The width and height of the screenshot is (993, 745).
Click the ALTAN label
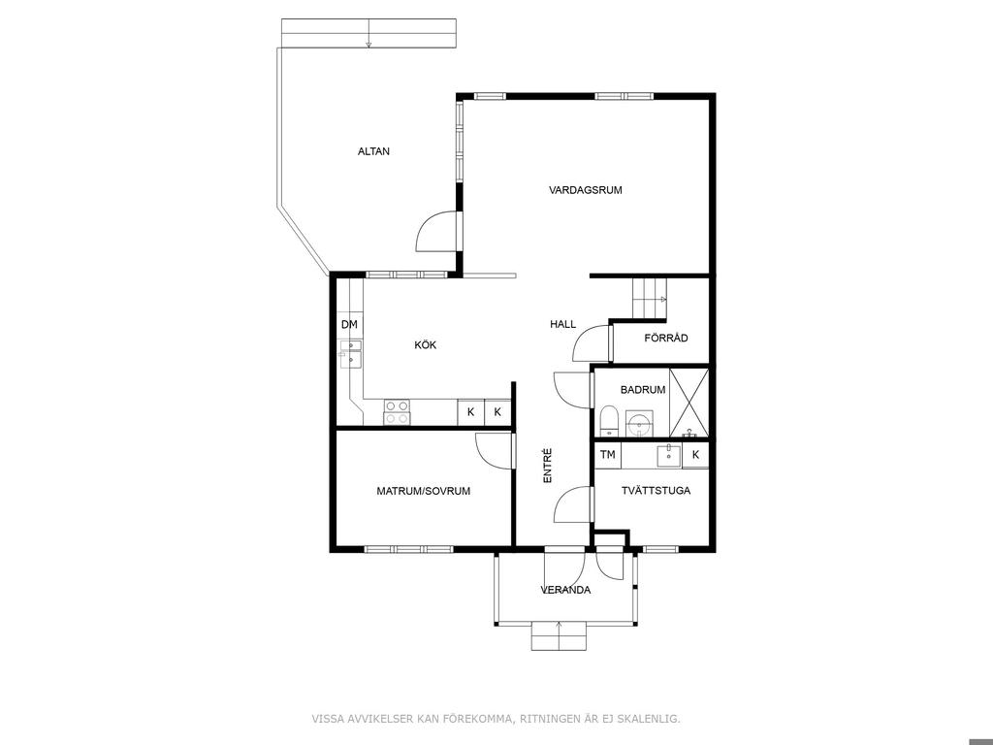point(373,151)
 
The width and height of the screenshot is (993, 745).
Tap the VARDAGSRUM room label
point(585,190)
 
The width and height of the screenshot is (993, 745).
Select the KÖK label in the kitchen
point(426,345)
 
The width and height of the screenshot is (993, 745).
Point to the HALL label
point(563,324)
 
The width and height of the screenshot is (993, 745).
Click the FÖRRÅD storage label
point(666,339)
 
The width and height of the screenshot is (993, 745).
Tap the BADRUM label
point(643,390)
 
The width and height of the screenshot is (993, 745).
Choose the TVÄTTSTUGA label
point(656,491)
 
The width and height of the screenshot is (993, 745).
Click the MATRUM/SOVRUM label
point(424,491)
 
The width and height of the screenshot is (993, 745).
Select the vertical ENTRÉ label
point(548,467)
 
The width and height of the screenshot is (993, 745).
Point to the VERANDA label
point(565,591)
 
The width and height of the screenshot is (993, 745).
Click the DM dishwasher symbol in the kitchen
point(349,325)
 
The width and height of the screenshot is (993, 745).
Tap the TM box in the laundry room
point(608,455)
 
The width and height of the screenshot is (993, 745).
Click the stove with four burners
point(397,412)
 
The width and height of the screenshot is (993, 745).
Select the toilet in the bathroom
point(609,421)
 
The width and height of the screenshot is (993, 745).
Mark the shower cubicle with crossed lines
point(689,403)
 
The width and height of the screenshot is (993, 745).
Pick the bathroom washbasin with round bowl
point(640,423)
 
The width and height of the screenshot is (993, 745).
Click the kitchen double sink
point(350,354)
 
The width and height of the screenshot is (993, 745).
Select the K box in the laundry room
point(695,455)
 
